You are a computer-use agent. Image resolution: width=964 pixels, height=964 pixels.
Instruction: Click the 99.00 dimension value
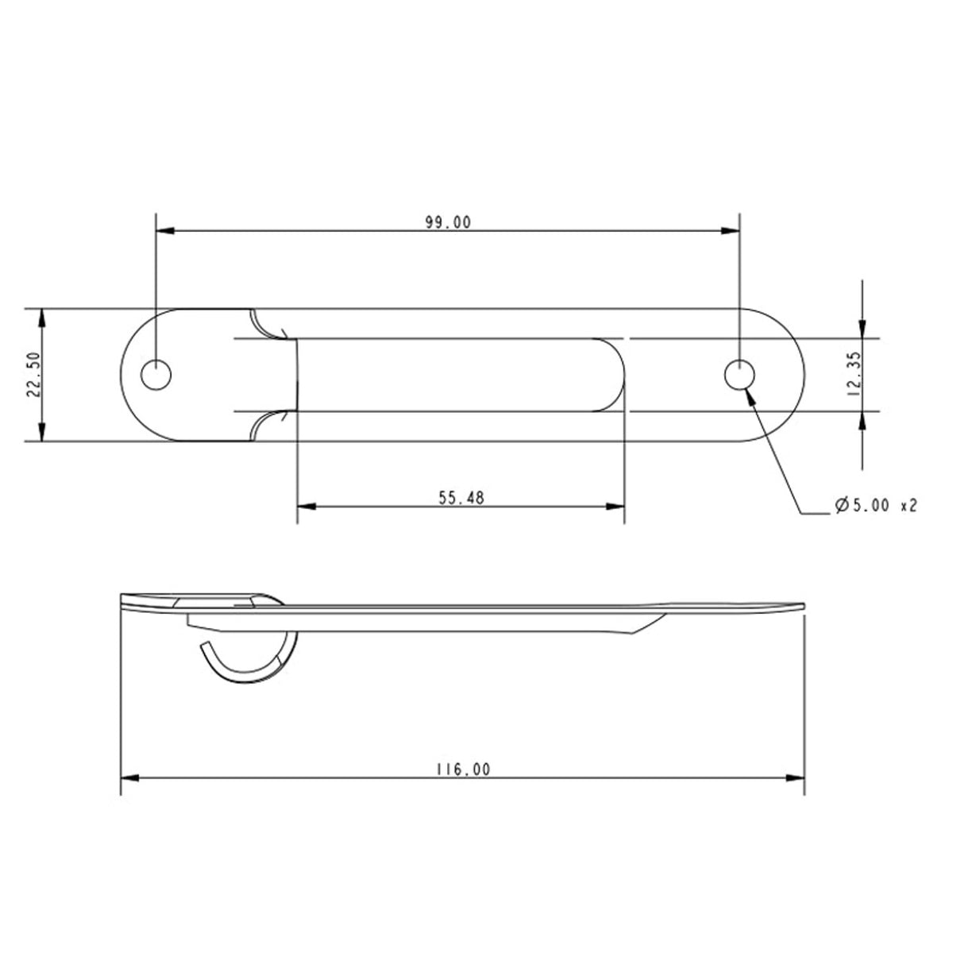448,222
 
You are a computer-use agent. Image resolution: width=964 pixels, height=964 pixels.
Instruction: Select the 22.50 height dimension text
33,375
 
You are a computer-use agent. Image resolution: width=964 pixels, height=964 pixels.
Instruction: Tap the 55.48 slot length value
461,498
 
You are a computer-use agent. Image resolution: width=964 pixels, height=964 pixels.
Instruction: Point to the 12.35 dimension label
854,375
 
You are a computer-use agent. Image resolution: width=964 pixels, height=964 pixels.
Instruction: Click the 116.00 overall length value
462,769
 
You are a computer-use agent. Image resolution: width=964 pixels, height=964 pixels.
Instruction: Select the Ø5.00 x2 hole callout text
876,505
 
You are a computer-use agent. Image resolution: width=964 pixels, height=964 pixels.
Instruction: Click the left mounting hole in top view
156,374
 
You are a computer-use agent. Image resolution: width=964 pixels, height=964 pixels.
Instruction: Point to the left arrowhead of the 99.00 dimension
164,231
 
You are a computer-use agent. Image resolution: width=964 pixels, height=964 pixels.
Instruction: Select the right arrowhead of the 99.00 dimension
731,231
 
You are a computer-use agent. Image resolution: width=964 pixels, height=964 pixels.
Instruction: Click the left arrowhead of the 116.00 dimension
129,777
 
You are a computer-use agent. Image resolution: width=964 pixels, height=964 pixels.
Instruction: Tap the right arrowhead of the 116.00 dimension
796,777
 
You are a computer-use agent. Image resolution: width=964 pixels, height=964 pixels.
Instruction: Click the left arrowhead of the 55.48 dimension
305,506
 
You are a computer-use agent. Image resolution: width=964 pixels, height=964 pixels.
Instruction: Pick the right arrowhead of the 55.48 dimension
616,506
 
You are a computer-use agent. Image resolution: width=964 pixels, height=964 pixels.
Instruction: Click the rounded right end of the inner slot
615,374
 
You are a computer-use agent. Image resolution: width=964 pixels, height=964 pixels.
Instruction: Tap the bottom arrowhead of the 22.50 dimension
41,433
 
